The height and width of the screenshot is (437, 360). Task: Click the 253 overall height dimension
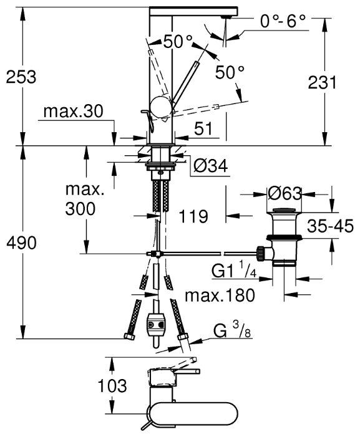pyautogui.click(x=21, y=77)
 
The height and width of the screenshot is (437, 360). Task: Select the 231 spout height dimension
pyautogui.click(x=323, y=83)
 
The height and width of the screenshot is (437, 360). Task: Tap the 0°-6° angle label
pyautogui.click(x=283, y=21)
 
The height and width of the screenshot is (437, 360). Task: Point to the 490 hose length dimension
pyautogui.click(x=21, y=243)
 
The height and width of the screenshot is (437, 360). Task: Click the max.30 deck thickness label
pyautogui.click(x=74, y=111)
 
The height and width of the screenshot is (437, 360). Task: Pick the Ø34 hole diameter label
pyautogui.click(x=211, y=166)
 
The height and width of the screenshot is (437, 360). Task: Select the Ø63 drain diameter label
pyautogui.click(x=285, y=193)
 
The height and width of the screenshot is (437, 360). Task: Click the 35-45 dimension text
pyautogui.click(x=331, y=226)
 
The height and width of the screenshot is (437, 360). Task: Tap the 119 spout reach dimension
pyautogui.click(x=193, y=216)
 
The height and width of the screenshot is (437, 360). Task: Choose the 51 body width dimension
pyautogui.click(x=203, y=129)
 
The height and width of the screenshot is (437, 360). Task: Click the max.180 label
pyautogui.click(x=220, y=295)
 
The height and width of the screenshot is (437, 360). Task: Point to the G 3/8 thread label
pyautogui.click(x=232, y=330)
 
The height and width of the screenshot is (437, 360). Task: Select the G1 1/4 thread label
pyautogui.click(x=234, y=271)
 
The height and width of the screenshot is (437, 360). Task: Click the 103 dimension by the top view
pyautogui.click(x=112, y=386)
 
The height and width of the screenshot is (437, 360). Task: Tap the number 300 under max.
pyautogui.click(x=80, y=208)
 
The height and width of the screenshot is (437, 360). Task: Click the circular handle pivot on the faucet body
pyautogui.click(x=161, y=107)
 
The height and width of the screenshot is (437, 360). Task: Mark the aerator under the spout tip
pyautogui.click(x=226, y=17)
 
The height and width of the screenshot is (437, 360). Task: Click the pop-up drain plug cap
pyautogui.click(x=284, y=211)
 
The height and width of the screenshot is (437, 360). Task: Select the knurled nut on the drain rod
pyautogui.click(x=260, y=253)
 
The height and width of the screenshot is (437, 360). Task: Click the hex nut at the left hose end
pyautogui.click(x=129, y=337)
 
